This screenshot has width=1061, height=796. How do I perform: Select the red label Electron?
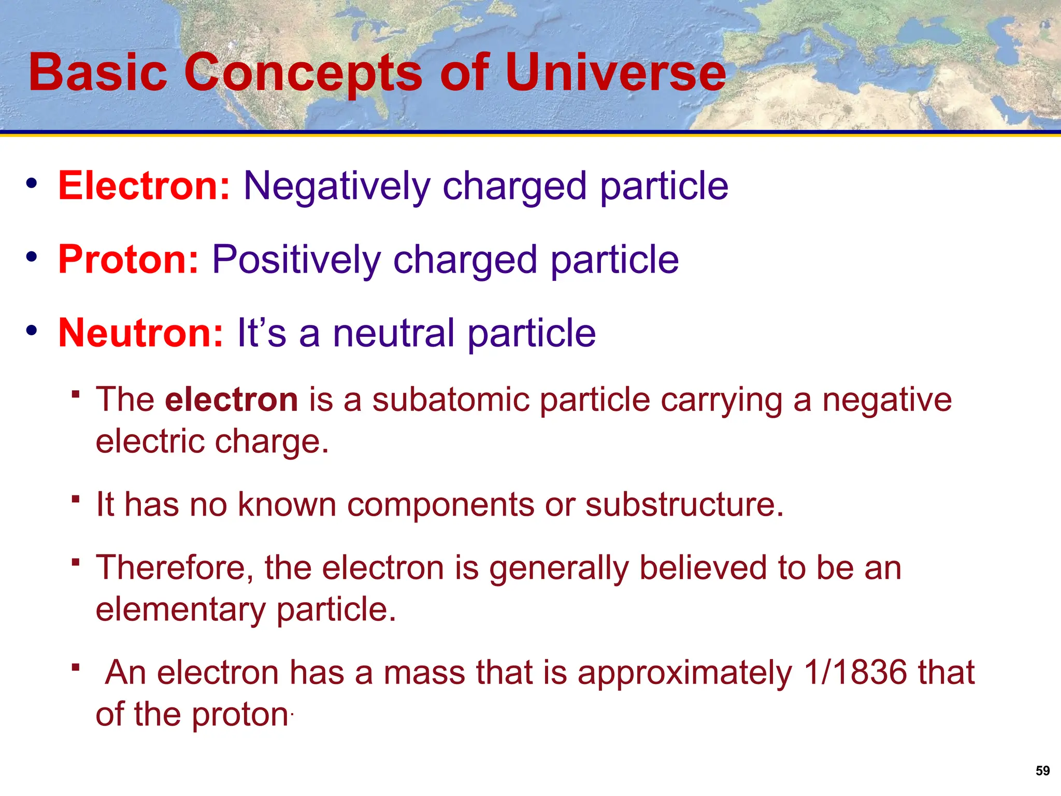point(144,186)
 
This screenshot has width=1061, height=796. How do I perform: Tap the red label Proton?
point(128,259)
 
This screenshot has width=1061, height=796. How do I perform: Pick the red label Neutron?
point(140,333)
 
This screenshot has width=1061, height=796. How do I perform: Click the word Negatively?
point(337,187)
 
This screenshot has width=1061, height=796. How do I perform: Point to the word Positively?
point(296,260)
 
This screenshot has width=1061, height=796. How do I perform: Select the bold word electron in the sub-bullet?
point(231,400)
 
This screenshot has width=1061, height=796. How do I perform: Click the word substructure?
point(684,504)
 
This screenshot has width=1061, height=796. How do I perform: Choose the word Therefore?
point(175,568)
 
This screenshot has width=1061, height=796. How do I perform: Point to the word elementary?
point(180,610)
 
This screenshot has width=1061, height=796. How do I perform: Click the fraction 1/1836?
point(855,673)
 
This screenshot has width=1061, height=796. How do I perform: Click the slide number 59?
point(1042,771)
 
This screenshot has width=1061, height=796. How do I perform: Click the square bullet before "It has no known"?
point(76,499)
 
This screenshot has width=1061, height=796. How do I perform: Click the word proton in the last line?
point(240,715)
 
